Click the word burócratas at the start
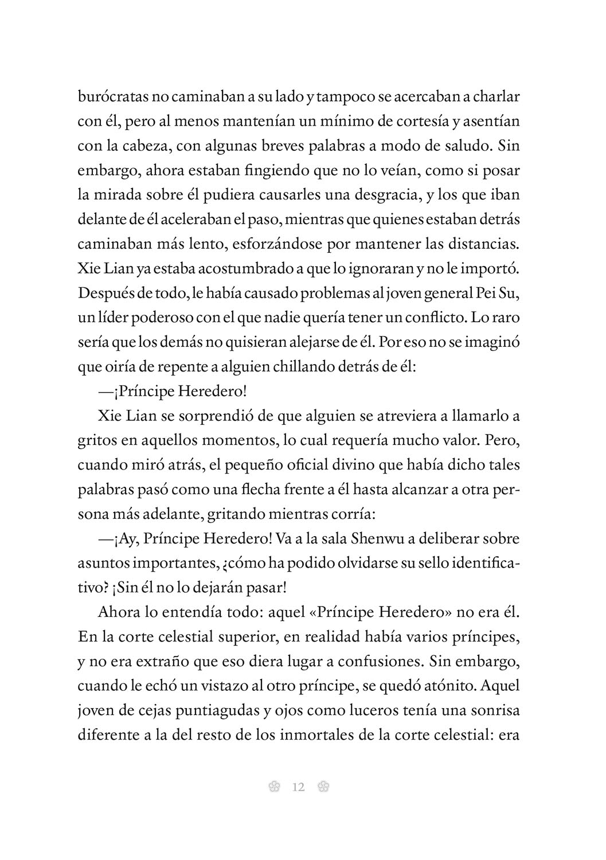(111, 97)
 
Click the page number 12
(298, 787)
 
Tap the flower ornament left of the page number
(274, 787)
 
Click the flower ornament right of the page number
(323, 787)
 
